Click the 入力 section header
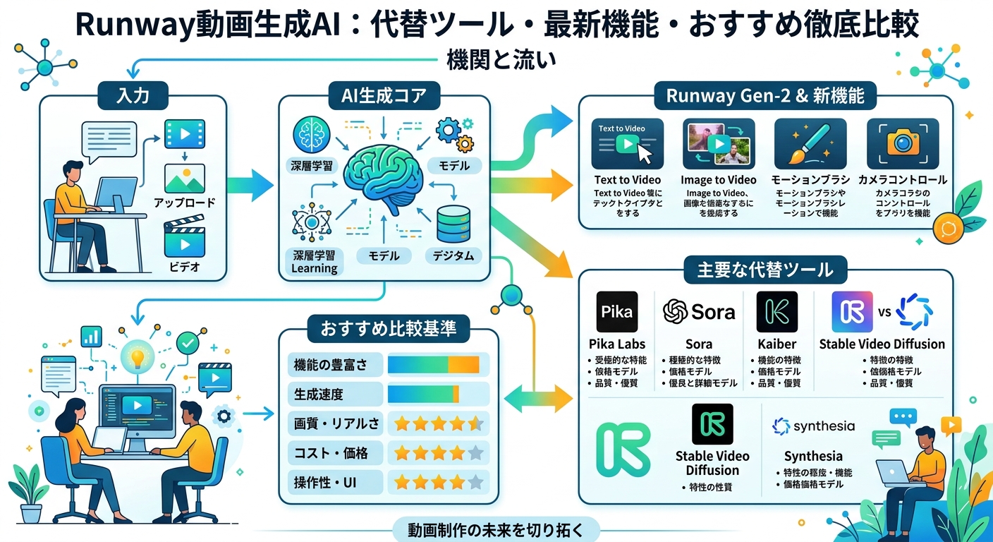(133, 95)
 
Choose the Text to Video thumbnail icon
(630, 143)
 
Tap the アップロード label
(184, 203)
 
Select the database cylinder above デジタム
(453, 224)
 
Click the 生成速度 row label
(319, 394)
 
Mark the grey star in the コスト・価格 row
(475, 453)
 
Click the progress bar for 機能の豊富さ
(434, 365)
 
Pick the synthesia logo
(813, 426)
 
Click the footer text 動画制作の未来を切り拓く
(496, 529)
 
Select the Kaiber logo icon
(776, 311)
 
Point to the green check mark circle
(188, 344)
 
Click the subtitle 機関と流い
(501, 60)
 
